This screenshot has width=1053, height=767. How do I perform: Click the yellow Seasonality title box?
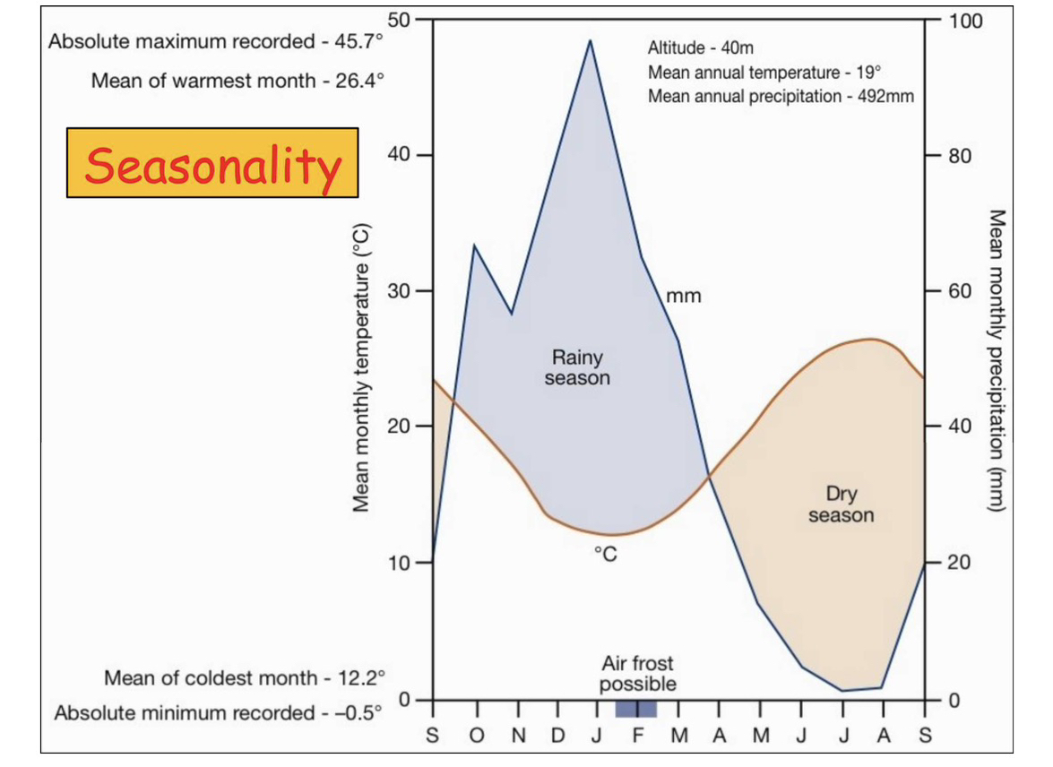coord(212,163)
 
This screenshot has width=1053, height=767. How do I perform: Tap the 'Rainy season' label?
coord(577,367)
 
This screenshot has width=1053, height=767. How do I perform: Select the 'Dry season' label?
coord(841,504)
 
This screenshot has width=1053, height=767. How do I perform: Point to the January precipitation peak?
coord(590,41)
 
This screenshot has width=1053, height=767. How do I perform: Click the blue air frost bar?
coord(635,709)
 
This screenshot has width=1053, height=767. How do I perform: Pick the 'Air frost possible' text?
coord(637,674)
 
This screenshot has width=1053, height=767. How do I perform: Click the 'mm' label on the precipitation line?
coord(684,296)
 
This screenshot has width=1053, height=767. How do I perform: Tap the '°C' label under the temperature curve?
coord(606,555)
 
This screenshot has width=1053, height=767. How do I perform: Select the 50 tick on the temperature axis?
coord(399,20)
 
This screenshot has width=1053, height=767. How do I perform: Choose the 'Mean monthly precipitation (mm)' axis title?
coord(996,361)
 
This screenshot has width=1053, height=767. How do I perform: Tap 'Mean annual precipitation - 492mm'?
coord(781,96)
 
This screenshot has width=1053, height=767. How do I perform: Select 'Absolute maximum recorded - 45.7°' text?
coord(216,41)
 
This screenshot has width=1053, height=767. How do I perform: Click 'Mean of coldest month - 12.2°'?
coord(244,677)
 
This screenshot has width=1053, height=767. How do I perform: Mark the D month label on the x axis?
coord(557,737)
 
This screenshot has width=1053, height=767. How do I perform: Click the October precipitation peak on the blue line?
coord(474,246)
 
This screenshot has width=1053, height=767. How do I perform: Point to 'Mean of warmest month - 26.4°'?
coord(237,81)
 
